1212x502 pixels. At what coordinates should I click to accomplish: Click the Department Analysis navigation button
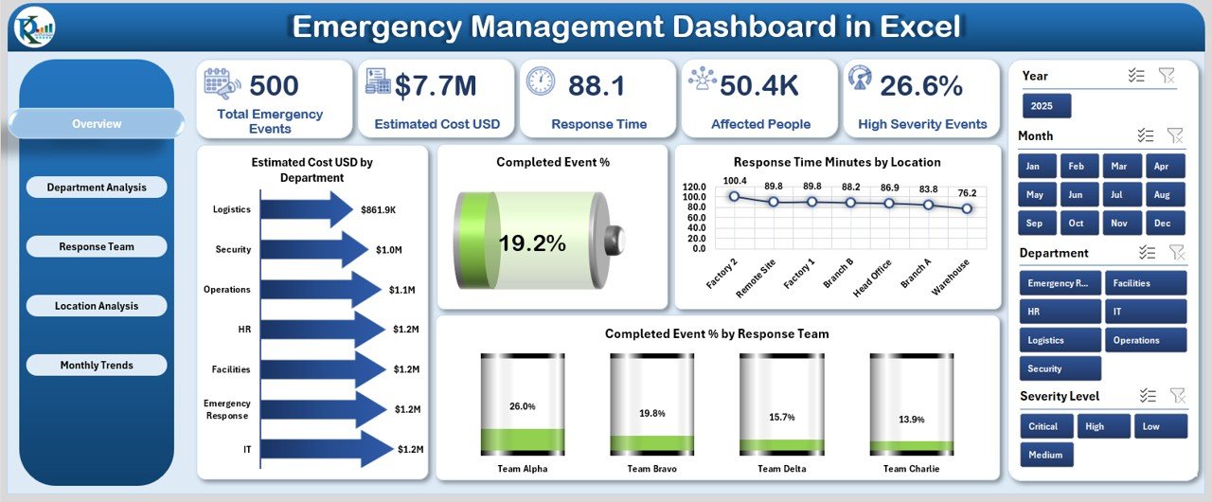pos(97,188)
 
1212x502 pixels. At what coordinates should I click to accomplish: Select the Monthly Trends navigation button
pos(97,366)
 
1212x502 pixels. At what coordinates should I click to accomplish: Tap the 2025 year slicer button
pos(1046,105)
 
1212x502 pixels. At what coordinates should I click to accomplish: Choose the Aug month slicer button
pos(1162,194)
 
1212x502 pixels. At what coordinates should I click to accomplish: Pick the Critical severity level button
pos(1046,426)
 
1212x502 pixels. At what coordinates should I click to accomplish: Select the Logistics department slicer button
pos(1060,340)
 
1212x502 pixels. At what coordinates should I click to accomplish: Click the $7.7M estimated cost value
pos(436,86)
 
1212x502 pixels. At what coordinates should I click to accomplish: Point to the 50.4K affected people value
pos(759,86)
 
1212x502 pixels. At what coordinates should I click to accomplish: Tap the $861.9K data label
pos(379,209)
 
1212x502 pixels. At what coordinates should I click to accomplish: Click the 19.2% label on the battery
pos(531,243)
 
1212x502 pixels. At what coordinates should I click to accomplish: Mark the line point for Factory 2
pos(734,196)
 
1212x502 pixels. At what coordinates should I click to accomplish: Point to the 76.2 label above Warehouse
pos(967,193)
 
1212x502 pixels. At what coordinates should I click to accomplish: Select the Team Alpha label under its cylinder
pos(522,468)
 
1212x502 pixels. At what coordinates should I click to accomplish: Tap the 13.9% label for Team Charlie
pos(911,419)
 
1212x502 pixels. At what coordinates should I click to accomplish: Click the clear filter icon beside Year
pos(1167,76)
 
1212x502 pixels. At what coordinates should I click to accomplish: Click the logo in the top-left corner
pos(35,27)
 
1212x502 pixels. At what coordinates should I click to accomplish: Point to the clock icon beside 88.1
pos(541,81)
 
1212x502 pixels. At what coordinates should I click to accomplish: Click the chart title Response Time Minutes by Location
pos(837,162)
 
